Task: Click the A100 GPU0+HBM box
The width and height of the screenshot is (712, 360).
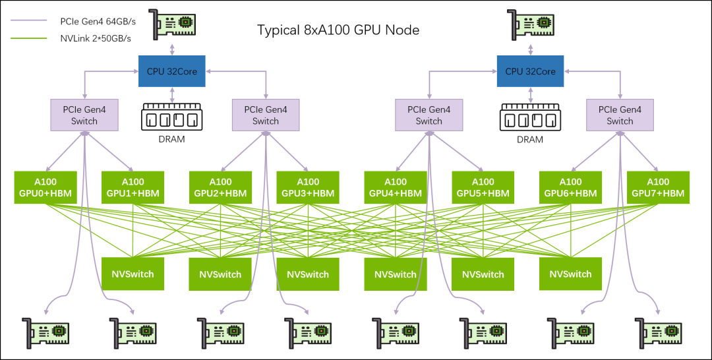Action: click(x=45, y=187)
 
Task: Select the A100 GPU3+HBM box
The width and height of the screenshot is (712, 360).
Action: click(x=307, y=187)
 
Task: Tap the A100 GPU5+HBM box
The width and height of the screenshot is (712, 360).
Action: click(x=483, y=187)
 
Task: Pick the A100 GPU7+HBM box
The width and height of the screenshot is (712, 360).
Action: click(x=658, y=187)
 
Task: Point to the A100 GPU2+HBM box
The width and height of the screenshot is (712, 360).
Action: click(x=220, y=187)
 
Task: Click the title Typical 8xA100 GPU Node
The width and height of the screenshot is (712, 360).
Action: click(x=338, y=30)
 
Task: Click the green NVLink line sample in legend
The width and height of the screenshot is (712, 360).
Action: click(x=29, y=38)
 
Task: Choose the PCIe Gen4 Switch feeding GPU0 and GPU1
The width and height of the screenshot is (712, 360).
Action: click(x=84, y=115)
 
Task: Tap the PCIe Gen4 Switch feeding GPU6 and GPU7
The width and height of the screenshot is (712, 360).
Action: click(x=620, y=115)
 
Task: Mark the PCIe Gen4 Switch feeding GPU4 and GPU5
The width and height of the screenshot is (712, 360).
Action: click(x=429, y=115)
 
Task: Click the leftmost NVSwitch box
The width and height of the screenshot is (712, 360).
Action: click(x=133, y=274)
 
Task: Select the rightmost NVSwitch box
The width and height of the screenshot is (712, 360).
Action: click(x=570, y=274)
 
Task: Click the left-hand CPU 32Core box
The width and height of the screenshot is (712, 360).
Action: click(x=172, y=71)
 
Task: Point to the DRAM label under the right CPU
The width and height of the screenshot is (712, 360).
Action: click(x=530, y=140)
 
